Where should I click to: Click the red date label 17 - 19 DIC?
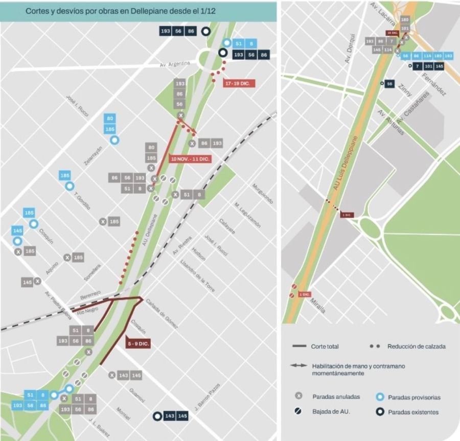click(239, 83)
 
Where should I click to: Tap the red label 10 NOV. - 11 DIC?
click(190, 159)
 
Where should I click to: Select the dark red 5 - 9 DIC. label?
click(138, 344)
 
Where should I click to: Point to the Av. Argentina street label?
click(175, 64)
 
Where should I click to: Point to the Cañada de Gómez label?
click(162, 313)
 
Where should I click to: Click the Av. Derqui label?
click(350, 49)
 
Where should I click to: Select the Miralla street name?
click(317, 306)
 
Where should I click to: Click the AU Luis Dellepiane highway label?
click(348, 164)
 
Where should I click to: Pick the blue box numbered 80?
click(110, 119)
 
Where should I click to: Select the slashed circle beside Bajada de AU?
click(298, 411)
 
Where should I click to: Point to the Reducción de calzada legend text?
click(417, 346)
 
